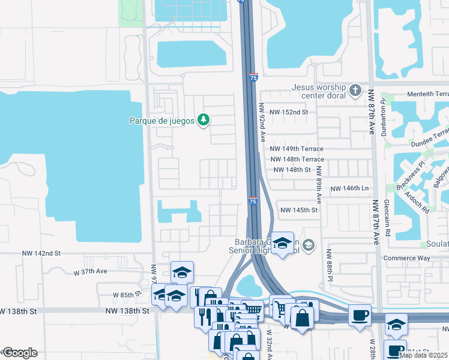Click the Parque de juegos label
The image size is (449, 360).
[x=162, y=121]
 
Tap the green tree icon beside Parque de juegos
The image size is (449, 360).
[x=204, y=120]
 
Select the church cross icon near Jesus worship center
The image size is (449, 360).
[x=355, y=91]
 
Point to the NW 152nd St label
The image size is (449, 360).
[x=288, y=112]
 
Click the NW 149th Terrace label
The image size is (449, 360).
[x=297, y=149]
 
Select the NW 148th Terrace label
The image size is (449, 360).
[x=297, y=160]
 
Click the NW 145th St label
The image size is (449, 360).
[x=298, y=210]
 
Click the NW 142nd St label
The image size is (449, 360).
[x=41, y=254]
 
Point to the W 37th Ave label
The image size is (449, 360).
[x=90, y=271]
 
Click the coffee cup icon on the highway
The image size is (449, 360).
[x=360, y=316]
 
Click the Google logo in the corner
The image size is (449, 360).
[x=20, y=352]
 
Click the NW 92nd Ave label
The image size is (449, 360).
[x=262, y=121]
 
